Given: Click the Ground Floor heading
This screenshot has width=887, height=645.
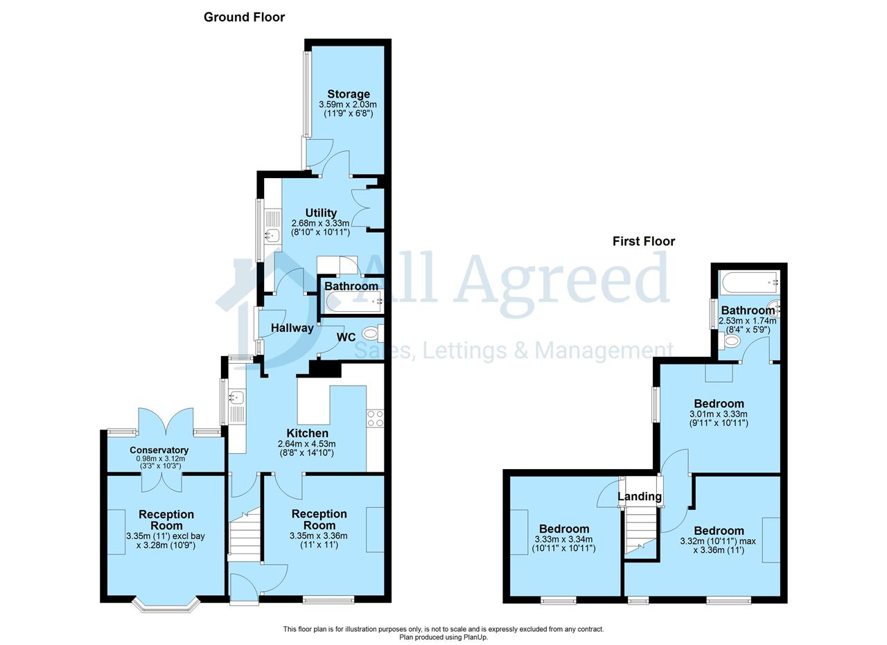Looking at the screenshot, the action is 244,17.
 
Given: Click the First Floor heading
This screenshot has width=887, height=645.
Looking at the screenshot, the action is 644,241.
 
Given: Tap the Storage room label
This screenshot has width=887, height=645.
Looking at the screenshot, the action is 349,94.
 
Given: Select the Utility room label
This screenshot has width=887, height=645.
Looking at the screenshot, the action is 321,213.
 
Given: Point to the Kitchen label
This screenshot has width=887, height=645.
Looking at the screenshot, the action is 307,433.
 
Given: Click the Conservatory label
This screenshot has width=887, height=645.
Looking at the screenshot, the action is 159,450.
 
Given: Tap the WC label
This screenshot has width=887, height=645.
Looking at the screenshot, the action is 346,337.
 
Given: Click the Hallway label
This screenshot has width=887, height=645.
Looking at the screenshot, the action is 292,328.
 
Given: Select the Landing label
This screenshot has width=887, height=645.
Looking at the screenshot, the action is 640,496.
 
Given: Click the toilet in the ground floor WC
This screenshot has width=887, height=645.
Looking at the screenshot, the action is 373,333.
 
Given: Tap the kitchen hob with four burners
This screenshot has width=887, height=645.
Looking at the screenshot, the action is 375,418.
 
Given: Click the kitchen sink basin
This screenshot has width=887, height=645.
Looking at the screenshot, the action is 236,396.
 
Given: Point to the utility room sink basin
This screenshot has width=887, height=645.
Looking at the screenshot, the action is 273,235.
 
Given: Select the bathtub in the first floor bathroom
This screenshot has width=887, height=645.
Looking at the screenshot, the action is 750,283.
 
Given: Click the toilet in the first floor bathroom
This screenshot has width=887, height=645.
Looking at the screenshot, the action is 728,341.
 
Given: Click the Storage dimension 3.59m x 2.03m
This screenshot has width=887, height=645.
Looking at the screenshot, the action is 348,105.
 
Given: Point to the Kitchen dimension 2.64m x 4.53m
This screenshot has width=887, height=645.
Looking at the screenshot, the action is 306,444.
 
